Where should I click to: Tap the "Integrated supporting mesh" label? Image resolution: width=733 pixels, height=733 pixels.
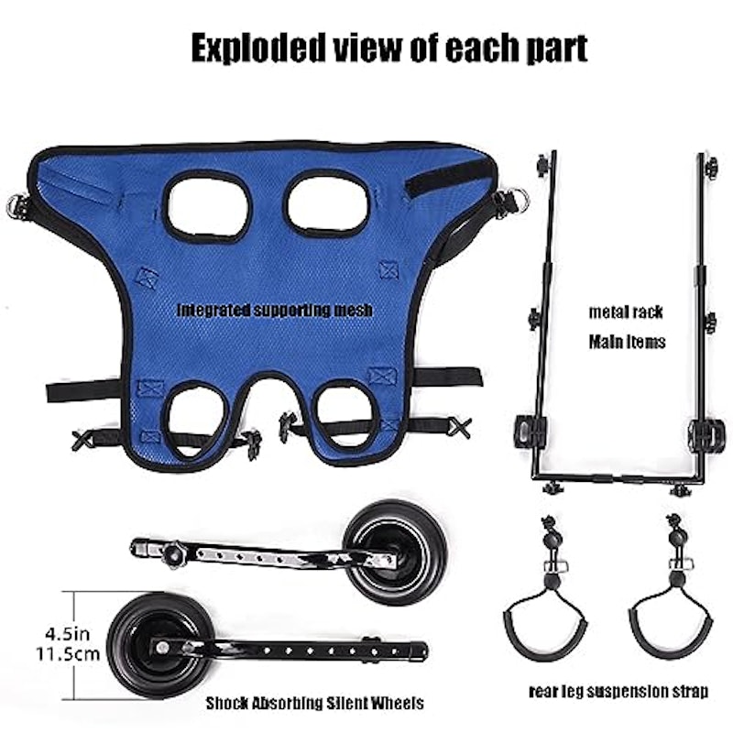[275, 310]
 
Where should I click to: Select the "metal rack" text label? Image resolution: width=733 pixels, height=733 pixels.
[626, 312]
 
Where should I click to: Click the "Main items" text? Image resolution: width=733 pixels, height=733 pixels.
[627, 342]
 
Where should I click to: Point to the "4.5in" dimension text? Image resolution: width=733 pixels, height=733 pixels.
[67, 634]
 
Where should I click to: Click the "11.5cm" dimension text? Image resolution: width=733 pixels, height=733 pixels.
[68, 653]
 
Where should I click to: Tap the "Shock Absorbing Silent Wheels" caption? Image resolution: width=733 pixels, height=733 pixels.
[314, 703]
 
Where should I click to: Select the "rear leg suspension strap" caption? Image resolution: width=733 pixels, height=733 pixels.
[618, 691]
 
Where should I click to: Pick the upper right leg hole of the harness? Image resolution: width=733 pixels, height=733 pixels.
[328, 204]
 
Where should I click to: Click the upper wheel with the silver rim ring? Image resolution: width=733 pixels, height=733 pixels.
[396, 552]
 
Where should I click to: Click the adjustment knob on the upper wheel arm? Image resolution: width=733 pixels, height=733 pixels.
[173, 553]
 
